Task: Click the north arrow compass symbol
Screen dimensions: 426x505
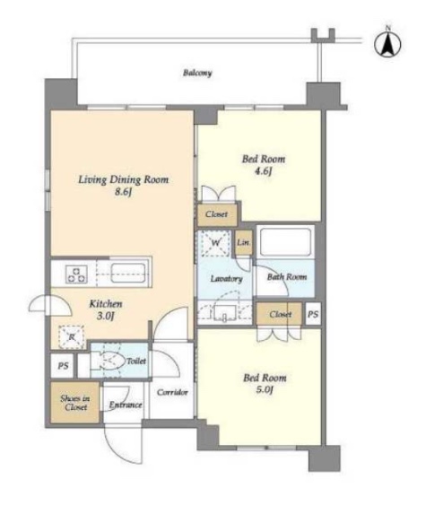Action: (387, 43)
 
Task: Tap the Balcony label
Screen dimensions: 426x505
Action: (197, 73)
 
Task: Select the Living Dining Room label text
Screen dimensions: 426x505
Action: (124, 179)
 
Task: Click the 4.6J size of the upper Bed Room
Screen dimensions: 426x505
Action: (263, 171)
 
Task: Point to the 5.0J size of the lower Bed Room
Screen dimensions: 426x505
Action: (265, 390)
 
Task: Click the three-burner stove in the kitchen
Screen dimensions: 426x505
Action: (76, 274)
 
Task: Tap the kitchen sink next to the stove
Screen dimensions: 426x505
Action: (128, 274)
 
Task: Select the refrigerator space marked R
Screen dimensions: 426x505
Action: (72, 337)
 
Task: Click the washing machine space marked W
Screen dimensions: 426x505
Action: (215, 243)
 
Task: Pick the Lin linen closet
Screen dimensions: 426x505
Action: (243, 242)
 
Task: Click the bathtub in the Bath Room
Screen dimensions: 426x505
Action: (285, 241)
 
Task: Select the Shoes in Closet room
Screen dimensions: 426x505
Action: (75, 403)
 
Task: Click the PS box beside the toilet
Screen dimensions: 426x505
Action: (63, 366)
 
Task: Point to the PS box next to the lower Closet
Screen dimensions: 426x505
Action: (313, 314)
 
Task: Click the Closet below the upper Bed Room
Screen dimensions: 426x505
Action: (217, 214)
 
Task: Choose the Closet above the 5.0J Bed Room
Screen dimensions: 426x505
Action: (280, 314)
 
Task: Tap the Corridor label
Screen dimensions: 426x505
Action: (172, 392)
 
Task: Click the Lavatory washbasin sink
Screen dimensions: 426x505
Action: (225, 313)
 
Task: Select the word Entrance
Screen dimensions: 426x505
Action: (126, 405)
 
